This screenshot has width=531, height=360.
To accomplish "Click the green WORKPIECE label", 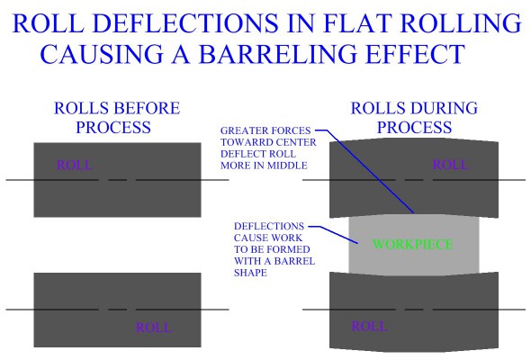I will point(414,243).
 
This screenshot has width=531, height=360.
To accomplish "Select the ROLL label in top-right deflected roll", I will point(450,166).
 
